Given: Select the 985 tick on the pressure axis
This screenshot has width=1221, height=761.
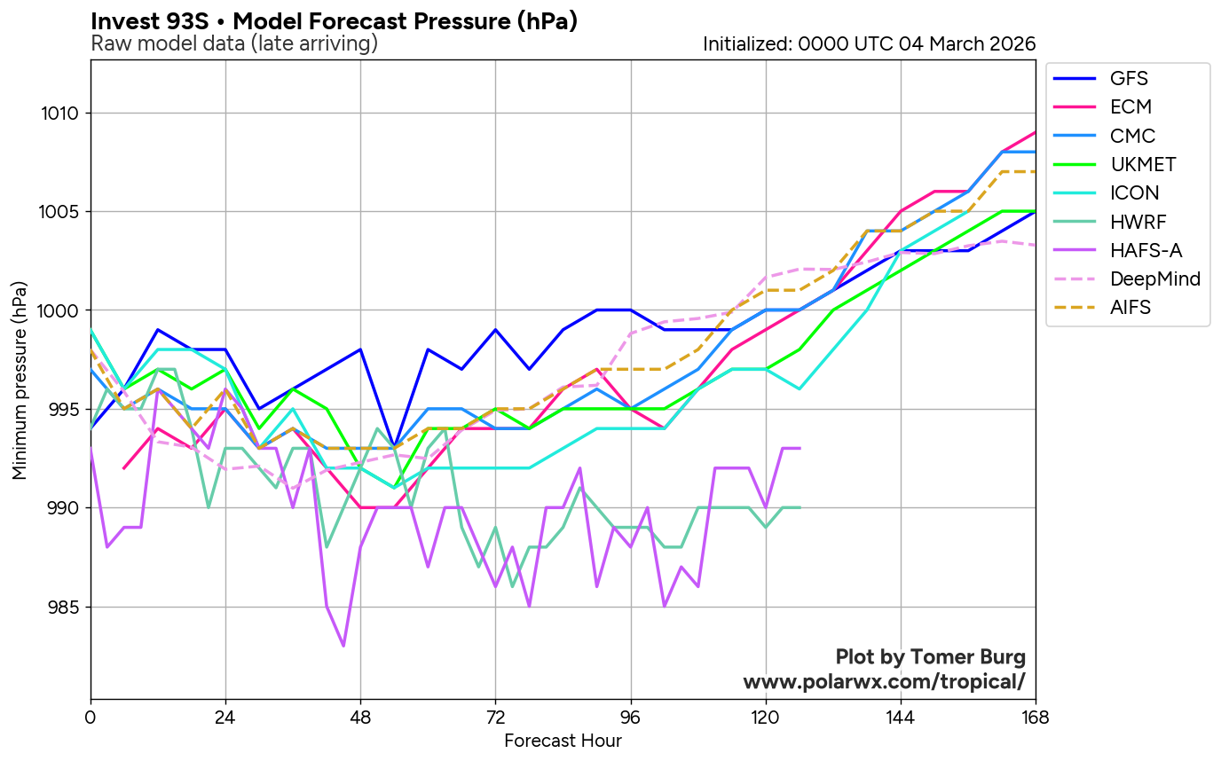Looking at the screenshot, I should (x=67, y=608).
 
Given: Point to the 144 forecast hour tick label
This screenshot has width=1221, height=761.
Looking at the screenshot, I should (x=901, y=717).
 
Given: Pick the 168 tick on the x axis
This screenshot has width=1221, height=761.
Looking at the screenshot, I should (x=1036, y=717).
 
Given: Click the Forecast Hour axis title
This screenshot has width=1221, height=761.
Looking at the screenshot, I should (x=563, y=741).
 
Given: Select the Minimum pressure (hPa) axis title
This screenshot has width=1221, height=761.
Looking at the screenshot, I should (x=20, y=380).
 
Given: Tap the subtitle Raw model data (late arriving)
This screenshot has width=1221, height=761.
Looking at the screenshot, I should (x=234, y=43).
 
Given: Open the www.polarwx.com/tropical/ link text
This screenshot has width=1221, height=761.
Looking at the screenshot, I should (x=884, y=682).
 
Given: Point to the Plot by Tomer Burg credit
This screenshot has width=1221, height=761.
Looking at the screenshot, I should (x=930, y=657).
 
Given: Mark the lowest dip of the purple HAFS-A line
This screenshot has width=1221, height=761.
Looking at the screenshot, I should (x=343, y=646).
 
